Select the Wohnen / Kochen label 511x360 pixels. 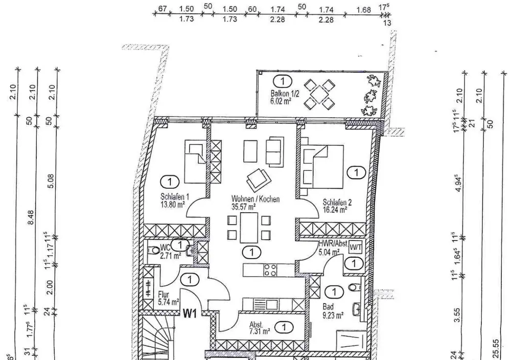tap(255, 199)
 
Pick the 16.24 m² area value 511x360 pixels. tap(335, 209)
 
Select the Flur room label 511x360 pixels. tap(164, 295)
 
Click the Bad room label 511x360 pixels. tap(328, 307)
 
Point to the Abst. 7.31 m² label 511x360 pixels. tap(257, 328)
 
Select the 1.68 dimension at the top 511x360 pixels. tap(363, 10)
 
